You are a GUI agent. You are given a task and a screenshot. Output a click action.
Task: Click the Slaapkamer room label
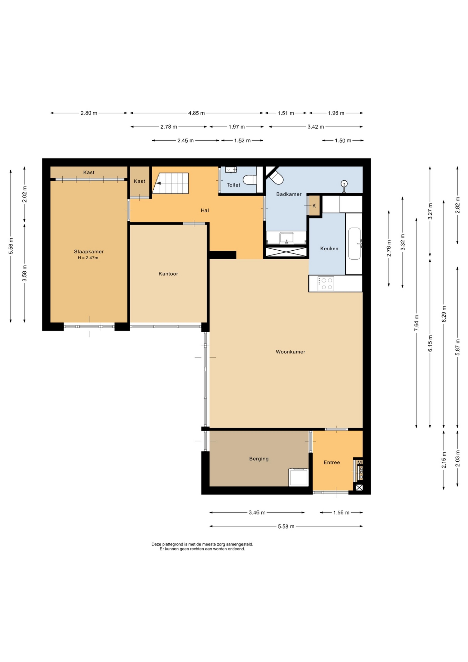click(x=89, y=252)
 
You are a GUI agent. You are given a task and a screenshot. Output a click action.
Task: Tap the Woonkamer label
click(x=291, y=352)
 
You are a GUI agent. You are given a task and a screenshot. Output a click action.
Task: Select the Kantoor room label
click(x=168, y=274)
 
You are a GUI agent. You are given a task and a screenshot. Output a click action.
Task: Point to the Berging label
click(x=259, y=459)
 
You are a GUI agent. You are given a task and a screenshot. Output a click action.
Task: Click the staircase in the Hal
click(x=171, y=183)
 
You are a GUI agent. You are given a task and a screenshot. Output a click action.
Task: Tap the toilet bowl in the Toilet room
click(x=250, y=180)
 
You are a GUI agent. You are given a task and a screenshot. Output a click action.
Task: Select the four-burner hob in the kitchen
click(x=326, y=284)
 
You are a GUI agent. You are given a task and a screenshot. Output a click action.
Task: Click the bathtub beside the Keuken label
click(x=354, y=243)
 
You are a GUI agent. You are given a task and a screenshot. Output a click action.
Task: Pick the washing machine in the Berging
click(x=299, y=477)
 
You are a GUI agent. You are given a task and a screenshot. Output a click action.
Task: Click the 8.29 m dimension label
click(x=444, y=314)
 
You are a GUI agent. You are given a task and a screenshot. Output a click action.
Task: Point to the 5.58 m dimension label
click(x=286, y=526)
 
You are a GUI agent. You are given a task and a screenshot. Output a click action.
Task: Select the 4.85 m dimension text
click(x=196, y=113)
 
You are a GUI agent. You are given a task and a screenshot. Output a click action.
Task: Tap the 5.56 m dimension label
click(x=11, y=246)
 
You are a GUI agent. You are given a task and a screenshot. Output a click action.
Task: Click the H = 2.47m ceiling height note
click(x=88, y=258)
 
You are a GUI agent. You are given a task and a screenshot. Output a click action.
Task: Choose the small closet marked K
click(x=314, y=205)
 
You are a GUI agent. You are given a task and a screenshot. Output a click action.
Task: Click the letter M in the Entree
click(x=359, y=462)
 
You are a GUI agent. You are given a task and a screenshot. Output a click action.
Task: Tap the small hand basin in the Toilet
click(x=231, y=170)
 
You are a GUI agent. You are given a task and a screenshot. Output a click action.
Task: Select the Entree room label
click(x=332, y=462)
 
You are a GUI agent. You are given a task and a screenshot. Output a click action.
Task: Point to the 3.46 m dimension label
click(x=257, y=513)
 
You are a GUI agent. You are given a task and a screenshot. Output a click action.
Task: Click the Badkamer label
click(x=289, y=194)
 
